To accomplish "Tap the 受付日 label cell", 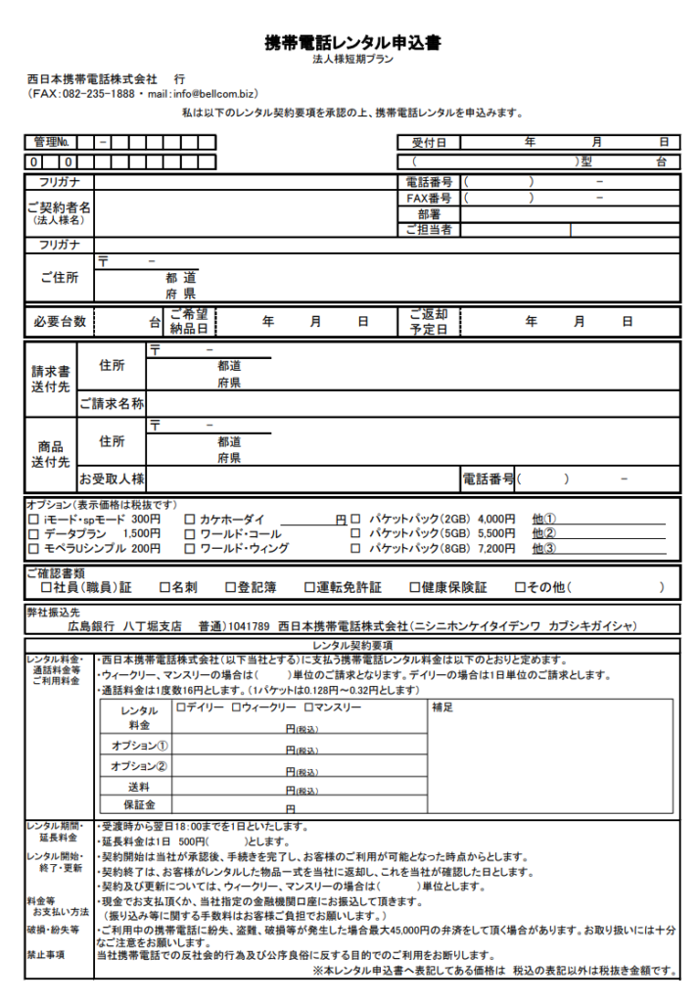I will tap(428, 143).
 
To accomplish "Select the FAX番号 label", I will tap(428, 198).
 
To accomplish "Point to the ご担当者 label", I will tap(428, 230).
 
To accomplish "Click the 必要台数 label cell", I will tap(60, 321).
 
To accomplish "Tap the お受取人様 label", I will tap(112, 478).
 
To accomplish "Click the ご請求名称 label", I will tap(112, 403).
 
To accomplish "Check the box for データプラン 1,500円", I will tap(35, 534).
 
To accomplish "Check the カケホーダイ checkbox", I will tap(190, 520).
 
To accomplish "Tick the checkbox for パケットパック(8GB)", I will tap(355, 549).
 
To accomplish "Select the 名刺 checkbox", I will tap(165, 588).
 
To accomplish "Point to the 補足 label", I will tap(442, 707).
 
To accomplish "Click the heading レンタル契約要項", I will tap(353, 646).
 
